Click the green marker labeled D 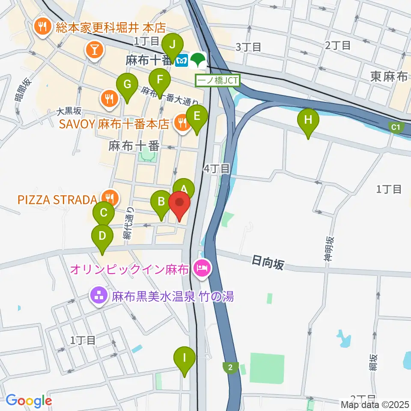(x=102, y=236)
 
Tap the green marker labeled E (x=197, y=116)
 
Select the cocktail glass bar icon (x=94, y=50)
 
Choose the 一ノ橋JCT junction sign (x=218, y=80)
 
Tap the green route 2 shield (x=231, y=367)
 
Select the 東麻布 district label (x=389, y=77)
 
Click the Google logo (x=29, y=401)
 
